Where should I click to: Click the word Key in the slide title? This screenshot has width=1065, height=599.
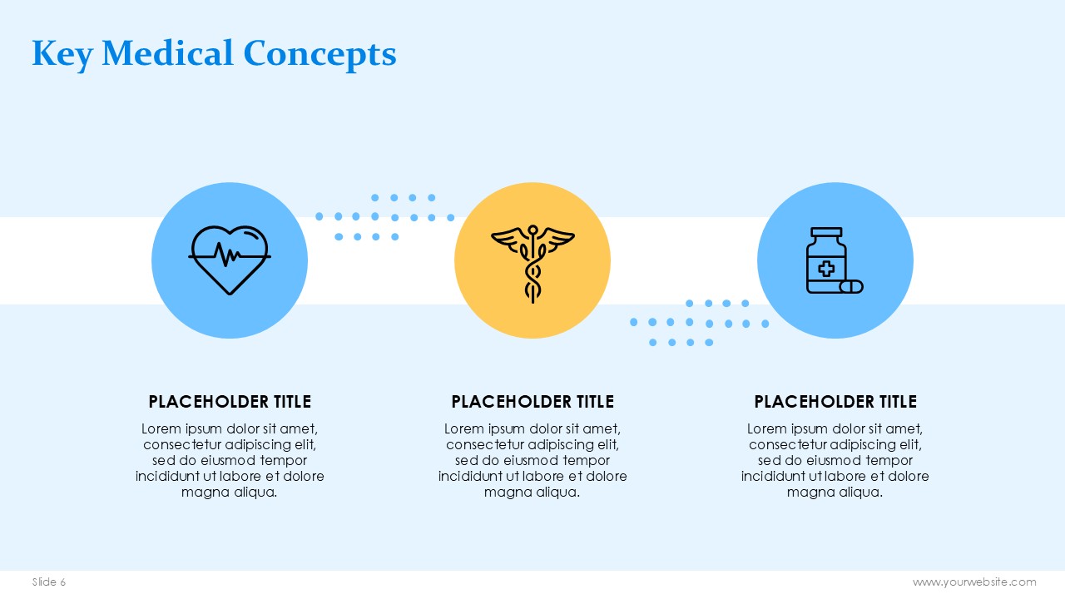pyautogui.click(x=62, y=55)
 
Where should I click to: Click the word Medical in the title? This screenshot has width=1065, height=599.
pyautogui.click(x=167, y=52)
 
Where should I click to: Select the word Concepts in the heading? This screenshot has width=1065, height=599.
pyautogui.click(x=319, y=55)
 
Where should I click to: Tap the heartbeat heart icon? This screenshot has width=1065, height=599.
pyautogui.click(x=230, y=260)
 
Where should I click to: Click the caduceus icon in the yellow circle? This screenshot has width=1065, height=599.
pyautogui.click(x=532, y=264)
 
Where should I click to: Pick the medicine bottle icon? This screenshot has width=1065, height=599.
pyautogui.click(x=835, y=260)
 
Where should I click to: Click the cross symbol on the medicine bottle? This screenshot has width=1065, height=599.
pyautogui.click(x=826, y=269)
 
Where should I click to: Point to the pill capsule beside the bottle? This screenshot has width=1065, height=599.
pyautogui.click(x=851, y=287)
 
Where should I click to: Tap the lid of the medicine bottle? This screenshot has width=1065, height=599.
pyautogui.click(x=826, y=232)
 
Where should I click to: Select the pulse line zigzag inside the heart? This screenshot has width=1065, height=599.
pyautogui.click(x=229, y=255)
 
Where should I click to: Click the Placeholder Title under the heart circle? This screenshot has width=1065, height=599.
pyautogui.click(x=230, y=402)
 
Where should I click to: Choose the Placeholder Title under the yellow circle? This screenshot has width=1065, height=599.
pyautogui.click(x=532, y=402)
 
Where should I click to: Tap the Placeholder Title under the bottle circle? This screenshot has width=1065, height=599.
pyautogui.click(x=835, y=402)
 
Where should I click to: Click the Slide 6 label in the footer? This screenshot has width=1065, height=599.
pyautogui.click(x=49, y=582)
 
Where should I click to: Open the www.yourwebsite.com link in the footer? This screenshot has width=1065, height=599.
pyautogui.click(x=974, y=582)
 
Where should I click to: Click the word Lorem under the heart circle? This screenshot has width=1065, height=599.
pyautogui.click(x=161, y=428)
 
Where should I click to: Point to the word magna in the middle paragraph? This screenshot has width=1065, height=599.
pyautogui.click(x=505, y=493)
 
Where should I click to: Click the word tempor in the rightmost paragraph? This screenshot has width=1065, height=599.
pyautogui.click(x=889, y=461)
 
